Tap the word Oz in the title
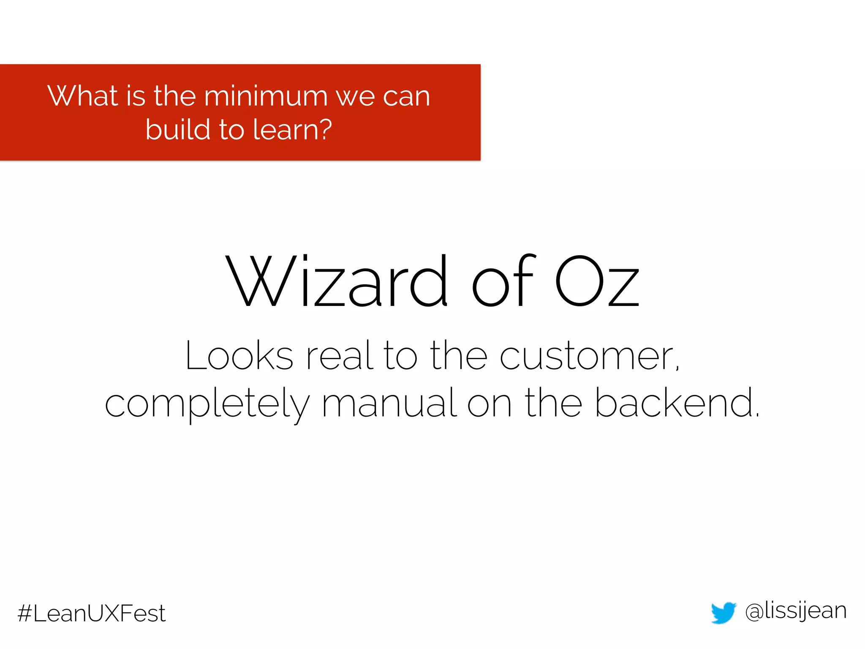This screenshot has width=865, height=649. click(x=597, y=282)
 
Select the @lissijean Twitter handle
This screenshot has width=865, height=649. click(x=796, y=611)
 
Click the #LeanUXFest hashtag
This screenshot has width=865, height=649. click(x=92, y=614)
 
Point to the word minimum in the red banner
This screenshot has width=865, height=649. click(x=266, y=96)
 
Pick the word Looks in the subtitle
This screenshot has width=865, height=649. click(x=239, y=357)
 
